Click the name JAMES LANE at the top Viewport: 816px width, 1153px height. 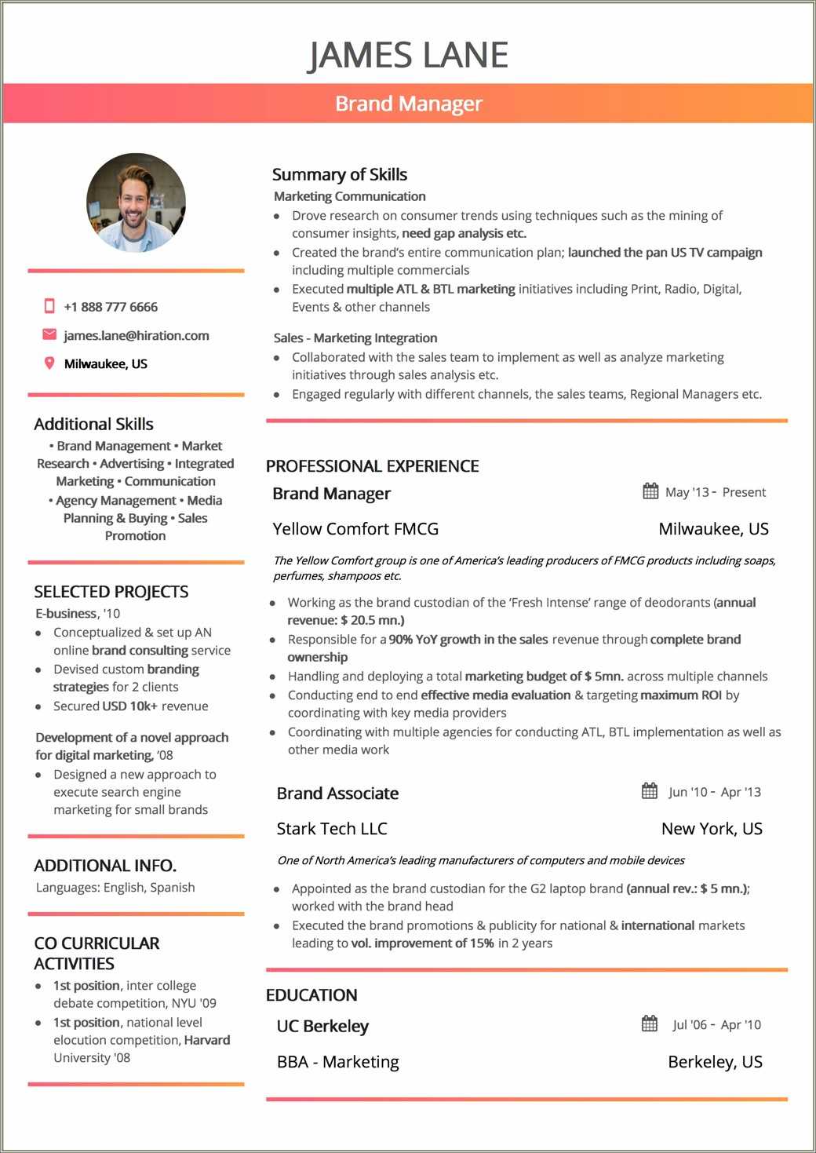click(408, 55)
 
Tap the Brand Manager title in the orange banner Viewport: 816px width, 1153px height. click(408, 104)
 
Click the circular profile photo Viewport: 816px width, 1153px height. click(136, 203)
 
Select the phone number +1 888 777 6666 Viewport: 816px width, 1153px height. click(111, 307)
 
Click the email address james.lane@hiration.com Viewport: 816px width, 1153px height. click(137, 336)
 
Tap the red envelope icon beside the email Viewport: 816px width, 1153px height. click(49, 335)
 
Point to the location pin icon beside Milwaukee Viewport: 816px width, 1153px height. click(49, 363)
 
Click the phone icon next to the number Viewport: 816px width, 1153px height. click(49, 306)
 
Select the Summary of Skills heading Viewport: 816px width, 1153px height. click(339, 174)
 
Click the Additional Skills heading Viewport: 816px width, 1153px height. click(93, 424)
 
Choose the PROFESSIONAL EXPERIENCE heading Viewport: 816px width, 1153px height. click(372, 466)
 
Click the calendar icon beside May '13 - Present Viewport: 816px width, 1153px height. click(650, 491)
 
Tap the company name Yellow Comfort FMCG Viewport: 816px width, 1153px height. click(355, 529)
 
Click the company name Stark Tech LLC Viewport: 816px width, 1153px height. click(332, 829)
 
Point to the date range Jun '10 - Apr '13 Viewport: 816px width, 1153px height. click(714, 792)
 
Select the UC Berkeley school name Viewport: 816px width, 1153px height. click(322, 1027)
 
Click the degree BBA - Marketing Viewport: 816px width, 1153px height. click(337, 1062)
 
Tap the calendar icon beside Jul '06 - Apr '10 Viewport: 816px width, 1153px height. click(650, 1023)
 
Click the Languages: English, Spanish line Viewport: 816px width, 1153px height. click(115, 888)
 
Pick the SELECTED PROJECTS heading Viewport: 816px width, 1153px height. click(111, 592)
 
